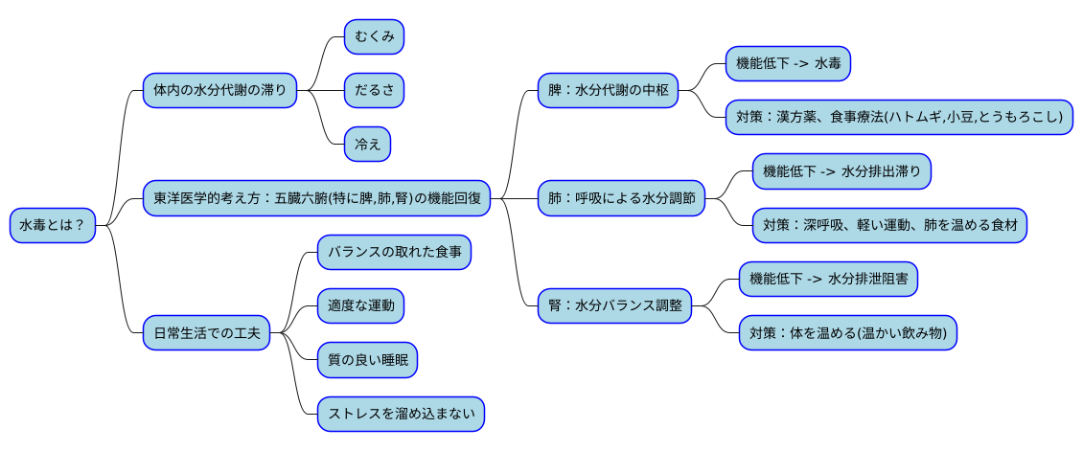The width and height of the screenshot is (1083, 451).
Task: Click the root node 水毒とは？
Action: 53,226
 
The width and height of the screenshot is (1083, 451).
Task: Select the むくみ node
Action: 375,36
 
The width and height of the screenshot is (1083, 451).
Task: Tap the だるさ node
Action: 375,90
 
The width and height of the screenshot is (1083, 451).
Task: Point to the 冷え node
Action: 368,144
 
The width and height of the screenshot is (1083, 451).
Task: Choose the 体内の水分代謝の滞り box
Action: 219,91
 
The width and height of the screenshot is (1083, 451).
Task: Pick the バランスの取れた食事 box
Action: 394,252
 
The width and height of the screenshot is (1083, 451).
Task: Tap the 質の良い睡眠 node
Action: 368,360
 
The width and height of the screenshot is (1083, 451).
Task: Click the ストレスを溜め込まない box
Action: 401,414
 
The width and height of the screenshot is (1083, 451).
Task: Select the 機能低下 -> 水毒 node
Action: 788,63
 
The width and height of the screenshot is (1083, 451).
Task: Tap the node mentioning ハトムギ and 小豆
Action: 898,117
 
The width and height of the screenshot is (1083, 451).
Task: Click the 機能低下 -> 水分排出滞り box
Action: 841,171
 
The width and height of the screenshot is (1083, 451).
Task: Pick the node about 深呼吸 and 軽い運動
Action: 889,226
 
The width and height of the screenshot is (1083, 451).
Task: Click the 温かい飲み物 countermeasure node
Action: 848,333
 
